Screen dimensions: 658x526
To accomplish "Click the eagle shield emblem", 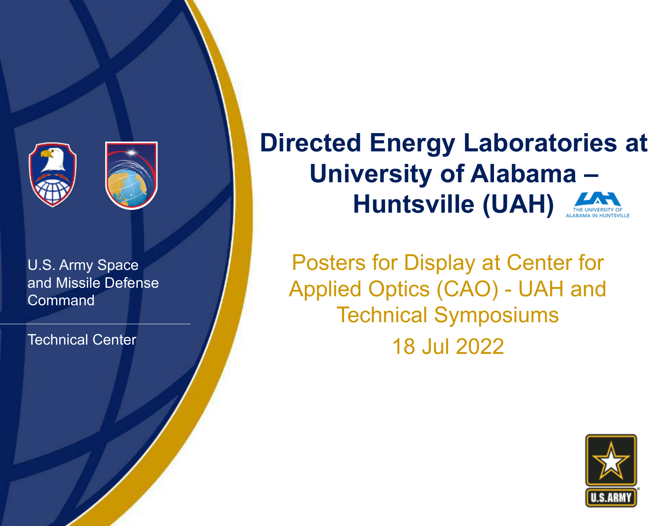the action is (52, 175).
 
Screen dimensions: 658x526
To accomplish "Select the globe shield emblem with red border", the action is (132, 175).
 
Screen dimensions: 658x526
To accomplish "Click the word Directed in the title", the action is (311, 143).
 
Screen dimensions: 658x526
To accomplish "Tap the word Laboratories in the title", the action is (540, 143).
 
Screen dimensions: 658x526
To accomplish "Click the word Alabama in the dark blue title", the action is (523, 174).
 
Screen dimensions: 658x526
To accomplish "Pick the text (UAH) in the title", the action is (518, 205).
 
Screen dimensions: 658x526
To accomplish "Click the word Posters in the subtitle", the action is (329, 263).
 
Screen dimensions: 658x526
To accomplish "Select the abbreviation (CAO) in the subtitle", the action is (468, 289).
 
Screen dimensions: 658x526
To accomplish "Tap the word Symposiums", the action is (497, 316).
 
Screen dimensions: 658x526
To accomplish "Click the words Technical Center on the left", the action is (82, 340).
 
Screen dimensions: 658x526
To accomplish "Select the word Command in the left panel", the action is (61, 300).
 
